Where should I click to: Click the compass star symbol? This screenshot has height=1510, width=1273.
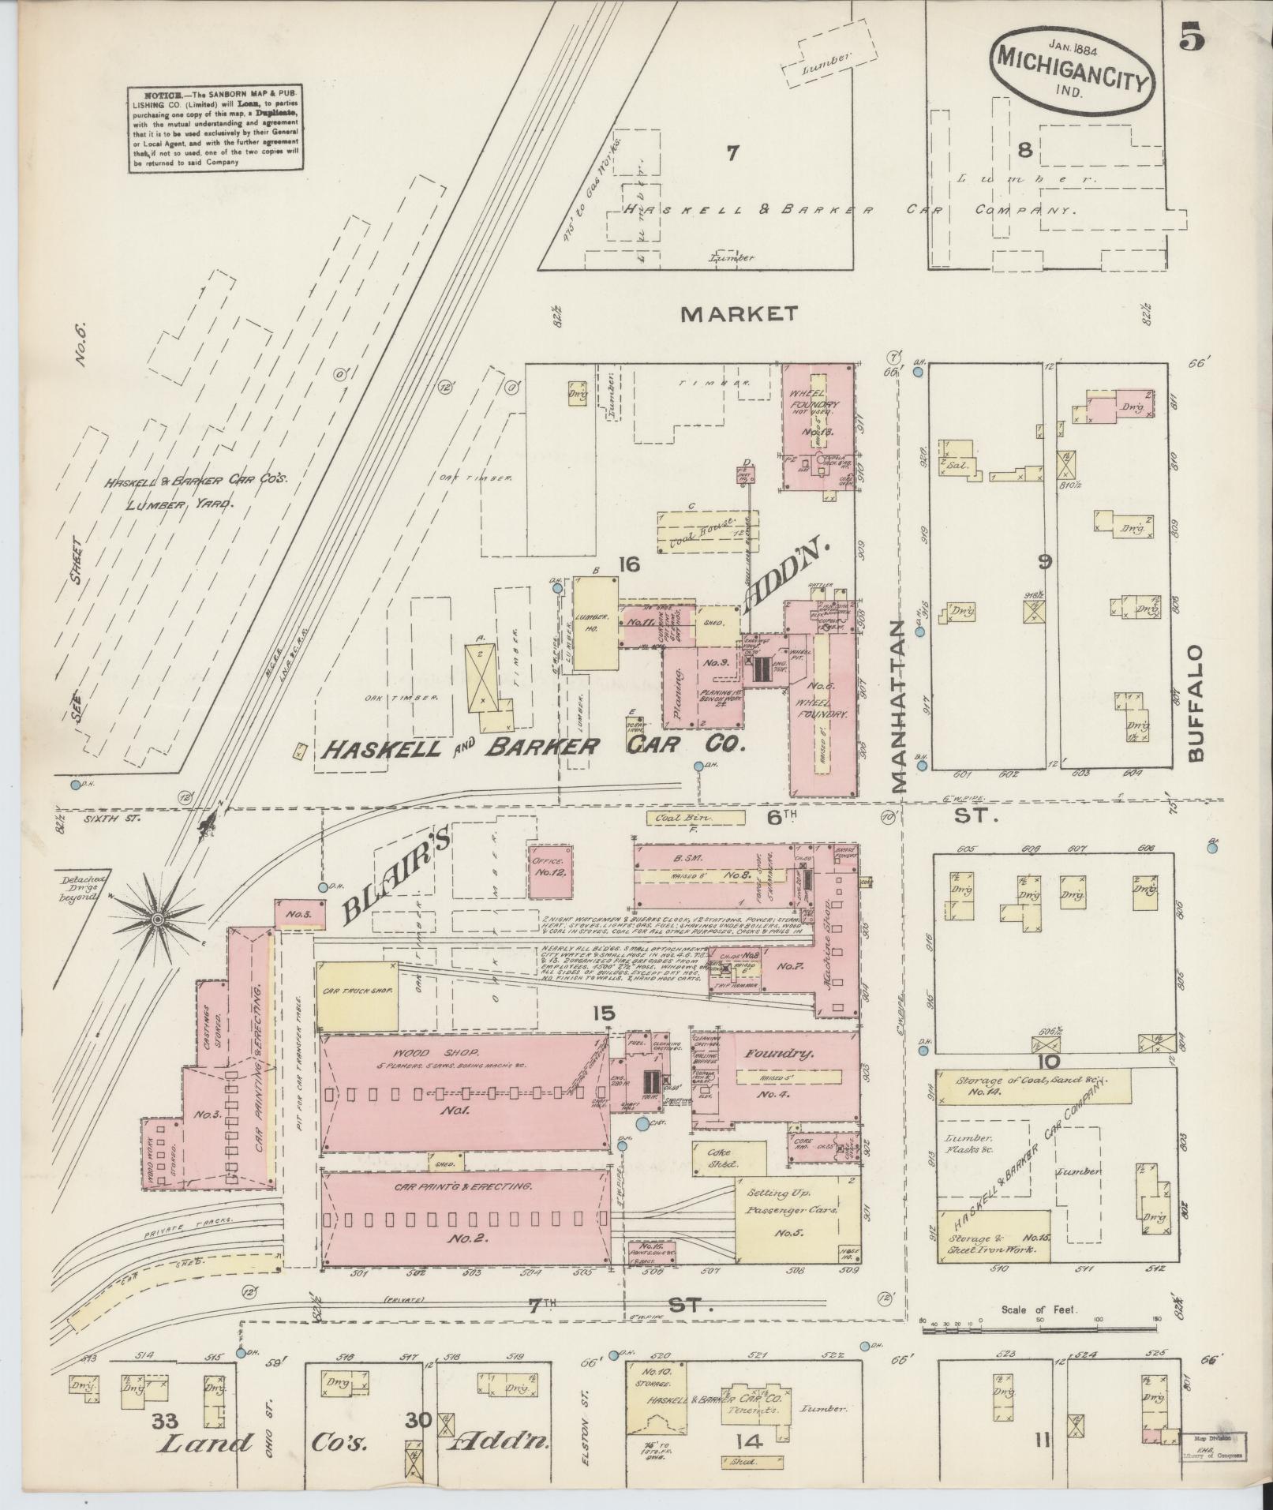pos(158,920)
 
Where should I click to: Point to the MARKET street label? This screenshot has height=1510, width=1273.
pos(739,314)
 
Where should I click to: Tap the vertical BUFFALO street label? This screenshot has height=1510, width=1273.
pos(1196,703)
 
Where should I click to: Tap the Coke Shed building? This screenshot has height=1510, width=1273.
pos(729,1158)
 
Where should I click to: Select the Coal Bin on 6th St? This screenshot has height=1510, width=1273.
pos(695,819)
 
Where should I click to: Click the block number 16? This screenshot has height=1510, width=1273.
pos(628,564)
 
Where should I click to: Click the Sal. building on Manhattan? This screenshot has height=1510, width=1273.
pos(957,465)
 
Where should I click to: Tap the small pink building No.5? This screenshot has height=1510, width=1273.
pos(300,912)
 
